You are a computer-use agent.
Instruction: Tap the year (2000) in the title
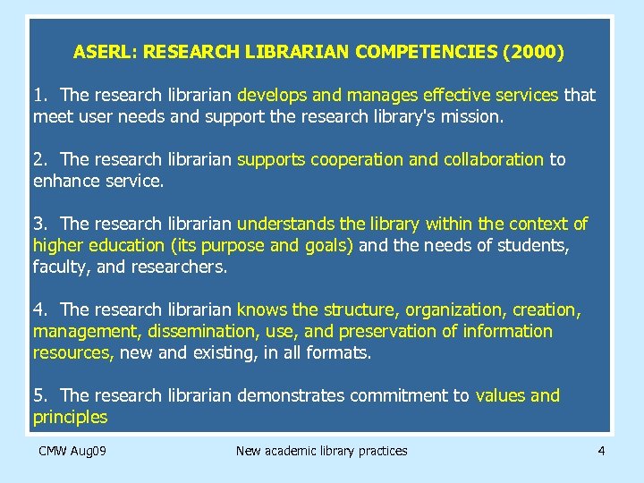tap(534, 52)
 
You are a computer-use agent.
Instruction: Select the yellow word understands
tap(284, 224)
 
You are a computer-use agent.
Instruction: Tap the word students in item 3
tap(539, 245)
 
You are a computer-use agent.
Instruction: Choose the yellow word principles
tap(70, 417)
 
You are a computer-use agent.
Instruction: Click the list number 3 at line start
tap(38, 224)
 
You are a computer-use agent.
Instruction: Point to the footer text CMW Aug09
tap(72, 451)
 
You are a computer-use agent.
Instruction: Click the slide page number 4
tap(601, 451)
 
